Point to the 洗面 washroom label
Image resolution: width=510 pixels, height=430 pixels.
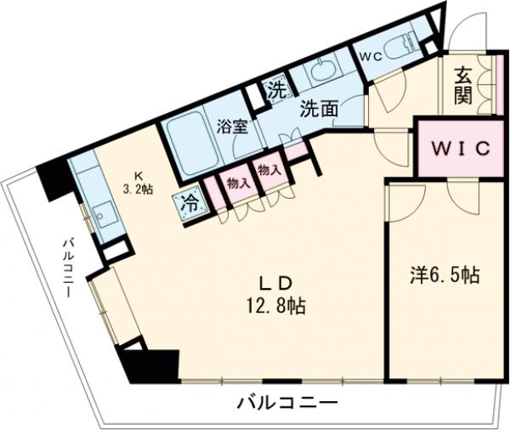coord(319,108)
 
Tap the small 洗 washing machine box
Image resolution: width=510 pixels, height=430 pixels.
coord(275,89)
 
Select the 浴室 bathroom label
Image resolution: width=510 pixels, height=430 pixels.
coord(232,128)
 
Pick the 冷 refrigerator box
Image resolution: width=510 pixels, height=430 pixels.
coord(189,202)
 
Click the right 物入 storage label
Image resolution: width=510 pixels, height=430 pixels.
coord(269,171)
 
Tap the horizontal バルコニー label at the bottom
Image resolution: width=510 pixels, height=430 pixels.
coord(287,403)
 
